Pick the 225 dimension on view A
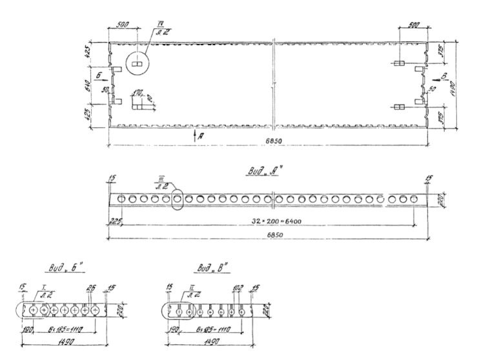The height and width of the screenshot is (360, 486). click(x=115, y=220)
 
